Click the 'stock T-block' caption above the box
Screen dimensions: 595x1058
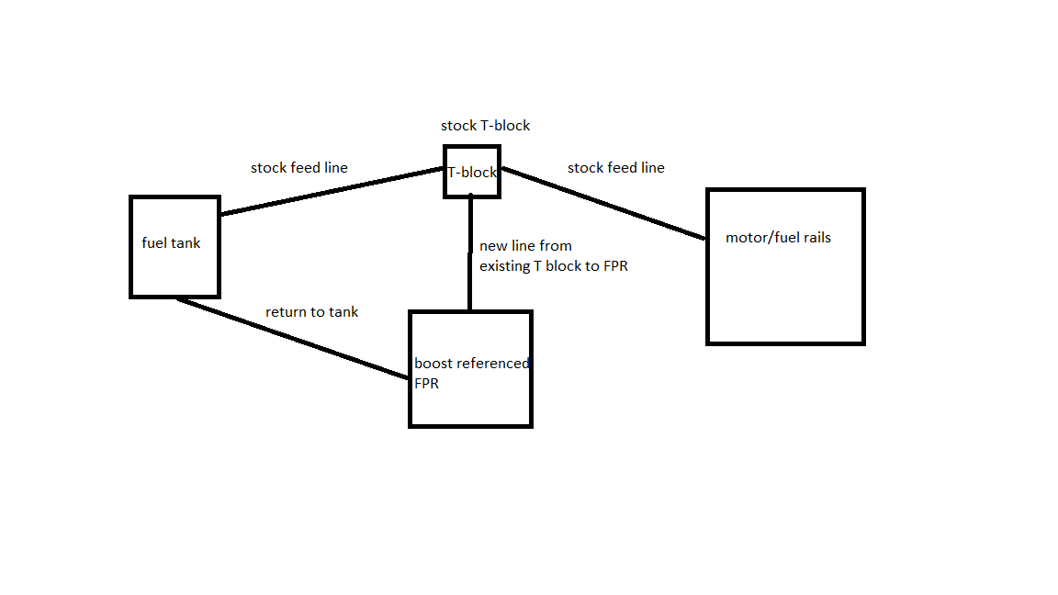click(485, 125)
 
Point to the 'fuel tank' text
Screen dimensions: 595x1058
click(171, 243)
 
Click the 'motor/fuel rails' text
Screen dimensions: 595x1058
click(778, 238)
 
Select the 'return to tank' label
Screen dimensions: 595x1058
click(311, 312)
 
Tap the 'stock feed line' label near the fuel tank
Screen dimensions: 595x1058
click(298, 168)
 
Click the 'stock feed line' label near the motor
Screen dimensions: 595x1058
click(615, 168)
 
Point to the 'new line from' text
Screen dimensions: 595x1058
click(525, 246)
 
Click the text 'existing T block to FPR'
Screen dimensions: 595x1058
click(554, 266)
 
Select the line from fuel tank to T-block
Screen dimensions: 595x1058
click(331, 191)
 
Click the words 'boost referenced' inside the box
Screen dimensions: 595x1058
click(471, 364)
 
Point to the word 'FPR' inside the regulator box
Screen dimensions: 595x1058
click(426, 384)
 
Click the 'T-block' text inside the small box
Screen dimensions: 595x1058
click(472, 173)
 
